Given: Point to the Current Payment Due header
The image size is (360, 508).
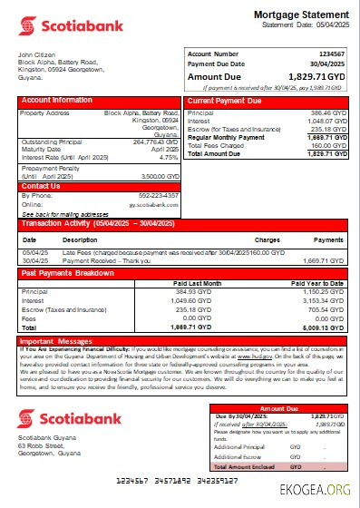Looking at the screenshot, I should point(224,100).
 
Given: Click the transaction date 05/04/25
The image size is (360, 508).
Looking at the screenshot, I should point(34,253).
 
